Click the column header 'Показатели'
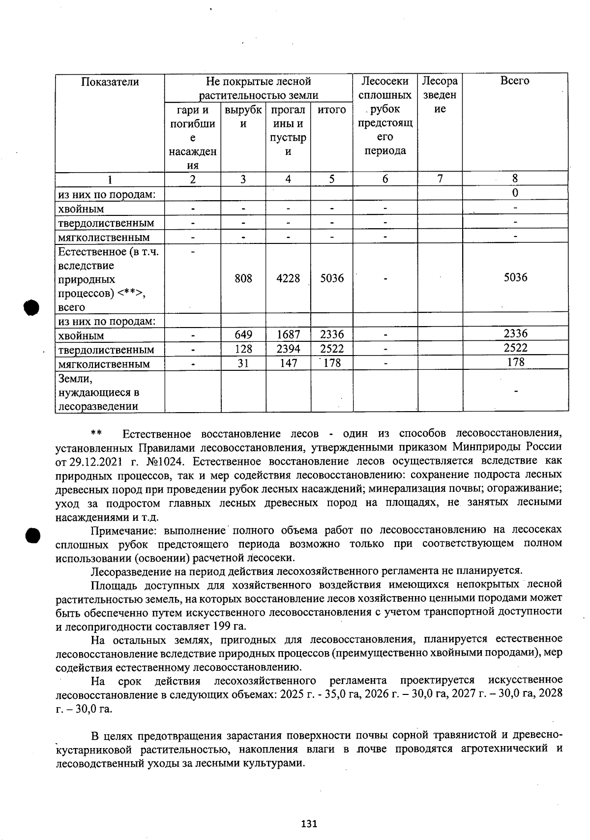(x=110, y=82)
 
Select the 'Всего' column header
(x=515, y=81)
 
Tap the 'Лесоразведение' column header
(x=440, y=95)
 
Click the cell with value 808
(x=243, y=278)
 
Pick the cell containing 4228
(x=288, y=278)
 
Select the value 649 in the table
(x=243, y=335)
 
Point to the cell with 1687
(x=288, y=335)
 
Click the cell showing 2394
(x=288, y=349)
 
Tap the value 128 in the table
(x=243, y=349)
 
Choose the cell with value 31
(x=243, y=363)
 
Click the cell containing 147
(x=288, y=363)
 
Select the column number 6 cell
(x=385, y=179)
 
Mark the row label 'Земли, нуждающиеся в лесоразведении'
(x=98, y=392)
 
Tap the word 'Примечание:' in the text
(x=125, y=531)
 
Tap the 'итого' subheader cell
(x=332, y=110)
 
